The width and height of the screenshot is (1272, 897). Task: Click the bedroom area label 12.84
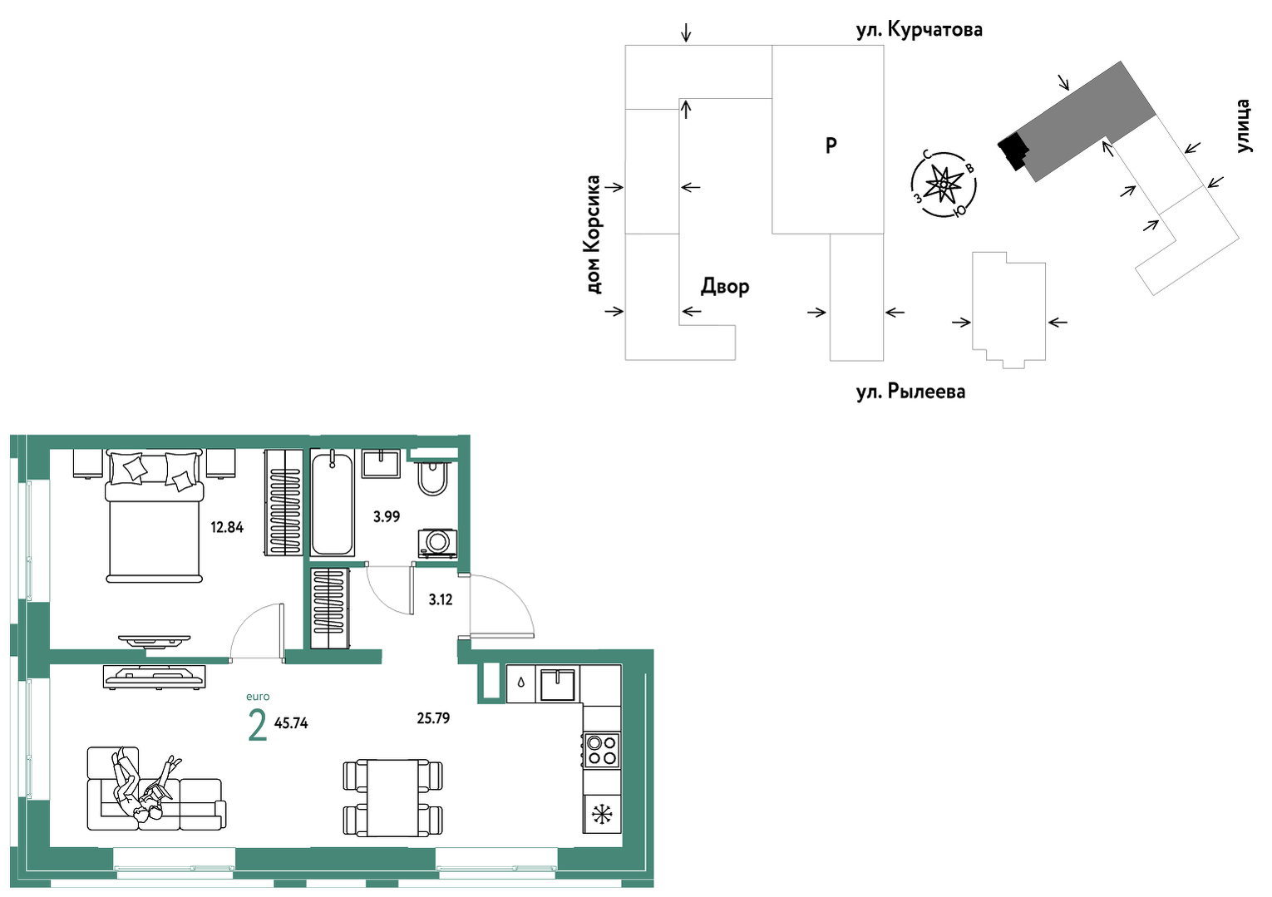tap(227, 527)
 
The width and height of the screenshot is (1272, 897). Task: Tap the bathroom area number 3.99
tap(386, 516)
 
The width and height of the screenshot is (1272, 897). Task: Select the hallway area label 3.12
tap(441, 599)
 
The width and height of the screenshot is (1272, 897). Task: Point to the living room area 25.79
tap(433, 718)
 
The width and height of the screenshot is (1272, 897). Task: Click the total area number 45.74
tap(291, 722)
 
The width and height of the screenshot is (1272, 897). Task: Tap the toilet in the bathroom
tap(432, 478)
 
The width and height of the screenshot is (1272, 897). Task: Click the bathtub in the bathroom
tap(333, 503)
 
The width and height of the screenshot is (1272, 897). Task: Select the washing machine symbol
tap(437, 544)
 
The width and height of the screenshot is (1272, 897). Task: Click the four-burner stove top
tap(602, 750)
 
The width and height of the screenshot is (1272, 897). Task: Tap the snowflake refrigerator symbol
tap(602, 815)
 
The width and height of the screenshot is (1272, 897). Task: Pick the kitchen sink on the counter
tap(558, 684)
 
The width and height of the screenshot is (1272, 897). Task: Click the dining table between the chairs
tap(393, 797)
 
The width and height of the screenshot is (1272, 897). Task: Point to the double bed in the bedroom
tap(154, 515)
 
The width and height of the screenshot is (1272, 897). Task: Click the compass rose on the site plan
tap(944, 185)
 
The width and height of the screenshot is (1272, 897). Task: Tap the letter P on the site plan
tap(831, 146)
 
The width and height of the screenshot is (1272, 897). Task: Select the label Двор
tap(725, 286)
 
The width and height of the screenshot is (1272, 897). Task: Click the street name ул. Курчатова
tap(919, 30)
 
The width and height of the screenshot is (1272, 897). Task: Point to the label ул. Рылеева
tap(911, 392)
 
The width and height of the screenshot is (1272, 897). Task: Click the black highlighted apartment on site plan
tap(1013, 150)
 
